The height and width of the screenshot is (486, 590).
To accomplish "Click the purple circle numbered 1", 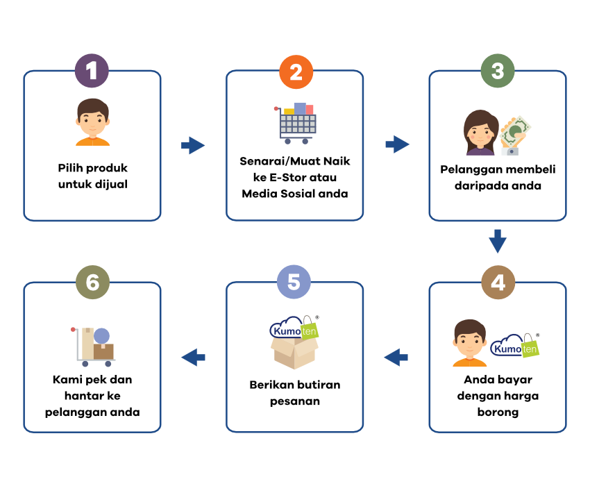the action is tap(92, 71).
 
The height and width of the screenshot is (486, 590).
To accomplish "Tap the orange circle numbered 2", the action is tap(296, 72).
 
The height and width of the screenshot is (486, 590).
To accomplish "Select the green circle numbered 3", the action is tap(498, 71).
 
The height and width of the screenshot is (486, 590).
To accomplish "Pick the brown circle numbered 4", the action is tap(498, 283).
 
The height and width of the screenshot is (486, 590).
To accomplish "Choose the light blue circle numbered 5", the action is tap(294, 282).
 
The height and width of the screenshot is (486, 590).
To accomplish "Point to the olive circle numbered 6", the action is tap(92, 283).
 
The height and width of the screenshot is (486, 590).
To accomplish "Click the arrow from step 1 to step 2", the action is tap(193, 145).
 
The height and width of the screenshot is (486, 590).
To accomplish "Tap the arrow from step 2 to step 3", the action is tap(397, 144).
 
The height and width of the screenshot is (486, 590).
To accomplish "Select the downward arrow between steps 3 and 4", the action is tap(498, 241).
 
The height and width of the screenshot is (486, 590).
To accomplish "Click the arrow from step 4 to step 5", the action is tap(396, 358).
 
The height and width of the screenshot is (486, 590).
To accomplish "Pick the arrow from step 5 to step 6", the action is tap(193, 358).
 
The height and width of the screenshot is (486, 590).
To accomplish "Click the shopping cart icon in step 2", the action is tap(296, 124).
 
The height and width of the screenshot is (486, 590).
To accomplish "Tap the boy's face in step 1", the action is tap(92, 119).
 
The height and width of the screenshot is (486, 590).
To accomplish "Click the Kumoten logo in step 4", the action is tap(515, 345).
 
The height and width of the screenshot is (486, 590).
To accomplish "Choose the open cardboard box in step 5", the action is tap(294, 353).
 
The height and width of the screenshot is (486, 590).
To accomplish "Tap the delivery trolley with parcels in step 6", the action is tap(93, 346).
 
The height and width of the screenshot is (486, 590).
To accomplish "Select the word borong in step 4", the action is tap(498, 412).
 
